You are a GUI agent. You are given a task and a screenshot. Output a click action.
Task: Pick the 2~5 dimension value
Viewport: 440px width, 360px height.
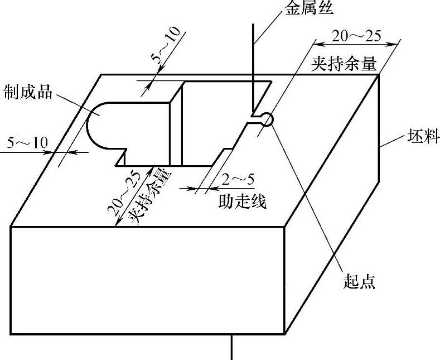(x=238, y=180)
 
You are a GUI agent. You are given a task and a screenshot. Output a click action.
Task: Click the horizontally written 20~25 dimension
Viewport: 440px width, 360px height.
(x=357, y=36)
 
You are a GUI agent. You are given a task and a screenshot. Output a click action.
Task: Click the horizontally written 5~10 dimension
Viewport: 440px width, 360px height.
(x=27, y=142)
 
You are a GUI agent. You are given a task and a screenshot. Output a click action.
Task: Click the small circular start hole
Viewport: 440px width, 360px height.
(x=267, y=118)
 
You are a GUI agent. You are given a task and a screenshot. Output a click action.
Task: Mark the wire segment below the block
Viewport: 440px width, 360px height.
(x=231, y=347)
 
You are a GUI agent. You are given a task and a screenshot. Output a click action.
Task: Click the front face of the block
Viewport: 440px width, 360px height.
(x=148, y=279)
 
